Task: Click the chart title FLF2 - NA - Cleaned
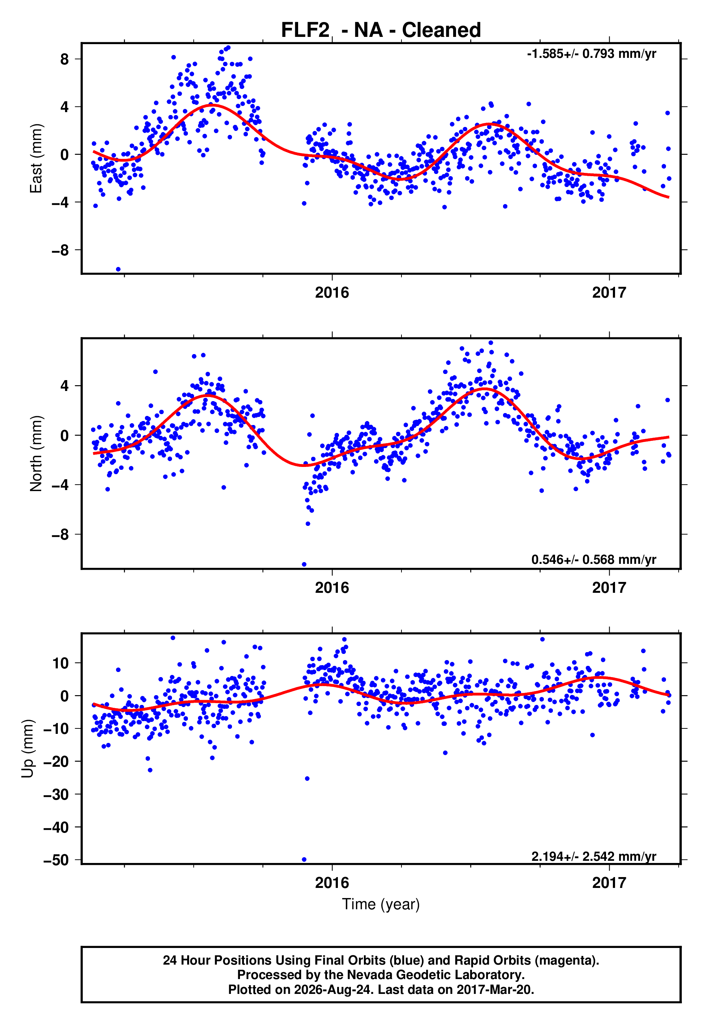point(381,30)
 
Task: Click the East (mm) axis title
point(36,158)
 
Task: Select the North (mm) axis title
point(36,454)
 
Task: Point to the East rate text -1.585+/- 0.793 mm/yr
point(591,54)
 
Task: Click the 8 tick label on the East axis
point(64,59)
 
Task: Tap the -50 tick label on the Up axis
point(56,860)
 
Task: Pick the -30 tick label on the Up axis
point(56,794)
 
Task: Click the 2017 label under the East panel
point(609,293)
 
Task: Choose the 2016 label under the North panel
point(332,588)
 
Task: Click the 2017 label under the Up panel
point(609,883)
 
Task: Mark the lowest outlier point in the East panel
point(118,269)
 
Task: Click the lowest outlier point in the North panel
point(304,565)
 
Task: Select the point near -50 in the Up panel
point(304,860)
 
